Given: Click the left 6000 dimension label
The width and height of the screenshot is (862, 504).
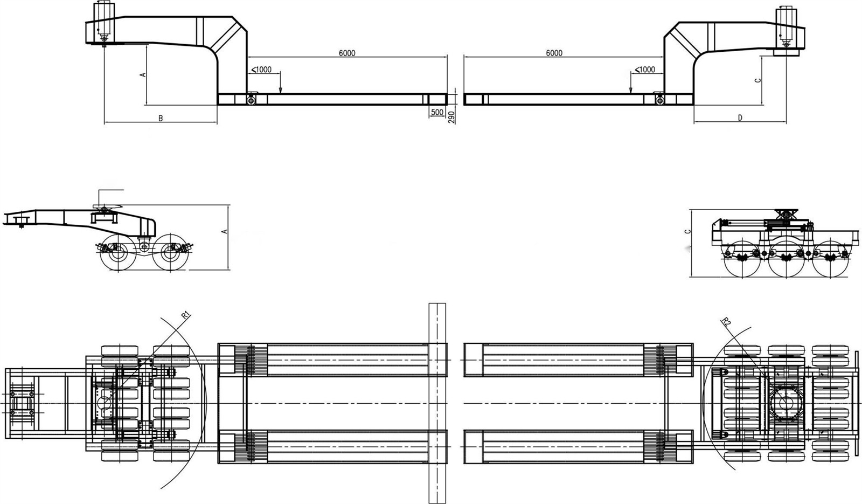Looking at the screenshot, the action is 347,53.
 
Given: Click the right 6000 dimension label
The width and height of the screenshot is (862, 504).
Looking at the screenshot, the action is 554,53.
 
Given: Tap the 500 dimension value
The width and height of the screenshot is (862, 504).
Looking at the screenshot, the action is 437,112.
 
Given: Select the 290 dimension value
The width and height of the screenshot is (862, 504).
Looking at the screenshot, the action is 452,117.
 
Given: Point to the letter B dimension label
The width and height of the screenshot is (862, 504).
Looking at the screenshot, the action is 161,118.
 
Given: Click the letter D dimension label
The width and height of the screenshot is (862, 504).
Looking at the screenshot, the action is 740,118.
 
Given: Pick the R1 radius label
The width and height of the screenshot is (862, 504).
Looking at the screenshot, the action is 186,315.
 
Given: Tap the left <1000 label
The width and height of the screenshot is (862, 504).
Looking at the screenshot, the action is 261,70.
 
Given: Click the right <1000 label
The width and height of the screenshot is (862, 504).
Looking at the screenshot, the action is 644,70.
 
